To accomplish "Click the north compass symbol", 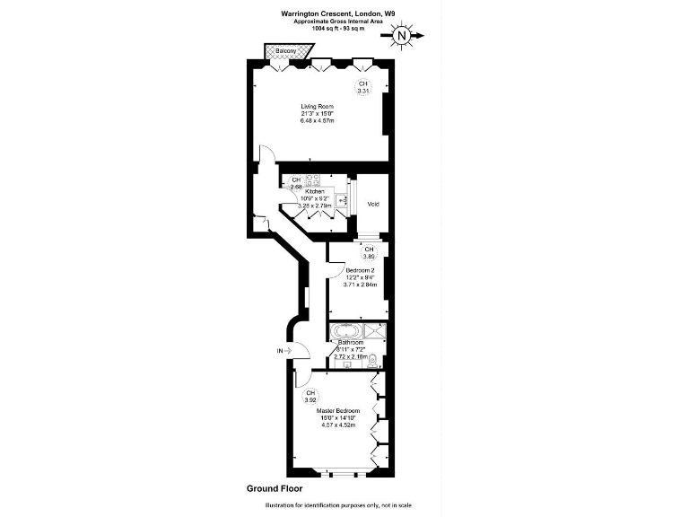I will click(402, 36).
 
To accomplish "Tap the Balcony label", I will click(286, 51).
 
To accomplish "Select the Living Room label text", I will click(316, 106).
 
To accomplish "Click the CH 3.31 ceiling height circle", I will click(363, 88).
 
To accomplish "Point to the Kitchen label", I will click(314, 191).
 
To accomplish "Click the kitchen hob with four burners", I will click(316, 180).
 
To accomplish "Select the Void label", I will click(372, 205).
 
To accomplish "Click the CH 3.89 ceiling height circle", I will click(368, 252).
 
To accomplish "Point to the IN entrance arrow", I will click(283, 351).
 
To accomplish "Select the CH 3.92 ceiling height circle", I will click(310, 398).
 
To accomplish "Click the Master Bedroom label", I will click(338, 410).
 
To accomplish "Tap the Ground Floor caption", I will click(275, 489).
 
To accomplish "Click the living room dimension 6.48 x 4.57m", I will click(316, 121).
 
